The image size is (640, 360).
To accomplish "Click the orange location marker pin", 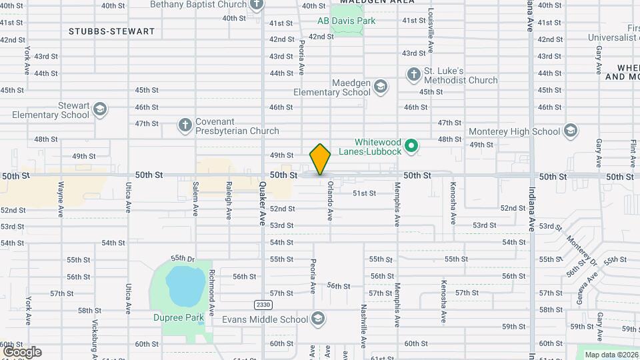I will [x=320, y=159].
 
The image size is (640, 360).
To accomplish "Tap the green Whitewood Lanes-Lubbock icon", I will [x=412, y=145].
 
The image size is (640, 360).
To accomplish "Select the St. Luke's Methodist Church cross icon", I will [x=413, y=73].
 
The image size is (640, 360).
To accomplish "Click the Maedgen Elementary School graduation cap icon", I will [x=380, y=86].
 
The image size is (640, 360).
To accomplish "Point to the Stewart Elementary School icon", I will [x=100, y=109].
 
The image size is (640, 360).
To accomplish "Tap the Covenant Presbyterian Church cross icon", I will [x=185, y=125].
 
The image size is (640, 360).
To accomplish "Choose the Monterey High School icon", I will [x=570, y=131].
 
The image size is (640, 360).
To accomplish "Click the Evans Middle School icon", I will [x=319, y=319].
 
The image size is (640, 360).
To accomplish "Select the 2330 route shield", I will [x=263, y=305].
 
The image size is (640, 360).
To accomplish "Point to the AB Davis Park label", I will [x=347, y=21].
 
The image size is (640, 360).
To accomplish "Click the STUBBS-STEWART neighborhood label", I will [x=111, y=31].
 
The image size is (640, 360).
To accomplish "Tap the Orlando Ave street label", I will [x=329, y=203].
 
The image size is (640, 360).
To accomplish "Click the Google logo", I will [x=22, y=351].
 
